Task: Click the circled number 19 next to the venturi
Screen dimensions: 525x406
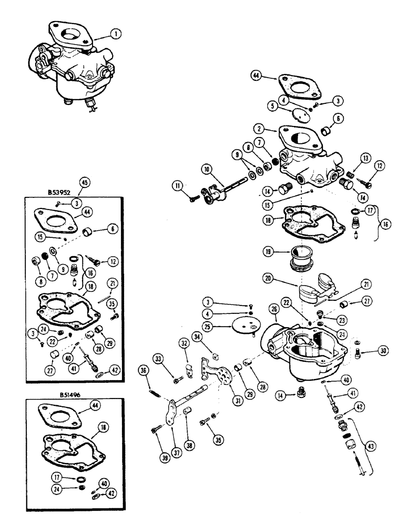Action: [x=271, y=253]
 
